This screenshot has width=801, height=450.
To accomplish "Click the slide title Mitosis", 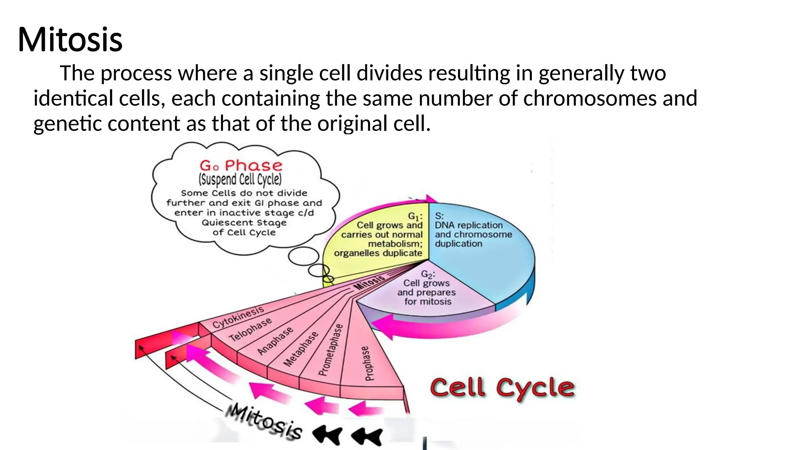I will pyautogui.click(x=70, y=39).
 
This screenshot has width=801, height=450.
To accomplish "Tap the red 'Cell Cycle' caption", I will pyautogui.click(x=502, y=388).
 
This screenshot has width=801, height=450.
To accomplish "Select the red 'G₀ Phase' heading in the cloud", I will pyautogui.click(x=241, y=166).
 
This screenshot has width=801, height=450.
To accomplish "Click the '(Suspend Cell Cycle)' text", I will pyautogui.click(x=240, y=180).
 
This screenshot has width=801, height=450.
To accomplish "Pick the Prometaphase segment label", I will pyautogui.click(x=331, y=350).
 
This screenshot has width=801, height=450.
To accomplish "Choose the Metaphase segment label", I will pyautogui.click(x=301, y=349).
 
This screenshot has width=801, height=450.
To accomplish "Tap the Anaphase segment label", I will pyautogui.click(x=275, y=341).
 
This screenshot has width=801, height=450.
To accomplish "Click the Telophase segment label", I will pyautogui.click(x=250, y=330).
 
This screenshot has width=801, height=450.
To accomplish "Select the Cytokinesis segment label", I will pyautogui.click(x=238, y=317).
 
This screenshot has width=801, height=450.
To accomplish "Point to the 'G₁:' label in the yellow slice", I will pyautogui.click(x=415, y=216).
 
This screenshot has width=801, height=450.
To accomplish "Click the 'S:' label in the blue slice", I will pyautogui.click(x=439, y=216).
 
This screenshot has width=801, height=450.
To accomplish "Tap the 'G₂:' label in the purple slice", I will pyautogui.click(x=428, y=274).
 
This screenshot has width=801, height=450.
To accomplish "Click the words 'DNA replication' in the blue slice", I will pyautogui.click(x=469, y=225).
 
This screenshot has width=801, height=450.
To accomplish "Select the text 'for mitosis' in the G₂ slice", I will pyautogui.click(x=428, y=302).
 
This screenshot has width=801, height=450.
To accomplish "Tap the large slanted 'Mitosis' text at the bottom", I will pyautogui.click(x=264, y=422).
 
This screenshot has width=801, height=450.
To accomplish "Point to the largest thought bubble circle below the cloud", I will pyautogui.click(x=304, y=256).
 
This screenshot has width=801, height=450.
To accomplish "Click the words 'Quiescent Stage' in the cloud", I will pyautogui.click(x=244, y=223).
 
